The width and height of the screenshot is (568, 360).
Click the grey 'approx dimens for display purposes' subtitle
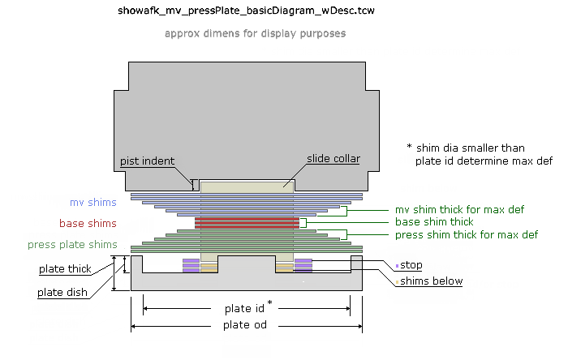point(255,34)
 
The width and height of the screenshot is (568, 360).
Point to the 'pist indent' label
point(147,161)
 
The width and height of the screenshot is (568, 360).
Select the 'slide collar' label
point(333,158)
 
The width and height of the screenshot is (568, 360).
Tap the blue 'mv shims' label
point(93,202)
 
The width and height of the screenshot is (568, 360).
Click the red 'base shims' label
point(88,223)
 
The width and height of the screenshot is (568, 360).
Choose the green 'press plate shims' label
point(72,244)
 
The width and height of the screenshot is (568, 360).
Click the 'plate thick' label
point(65,268)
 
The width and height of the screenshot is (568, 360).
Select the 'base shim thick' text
point(433,221)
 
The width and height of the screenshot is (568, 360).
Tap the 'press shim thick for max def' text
point(466,234)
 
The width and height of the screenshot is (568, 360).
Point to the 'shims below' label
point(430,281)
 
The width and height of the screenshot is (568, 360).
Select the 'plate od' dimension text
point(246,325)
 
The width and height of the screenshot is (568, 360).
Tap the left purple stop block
point(191,265)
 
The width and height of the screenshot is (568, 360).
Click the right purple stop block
point(303,265)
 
